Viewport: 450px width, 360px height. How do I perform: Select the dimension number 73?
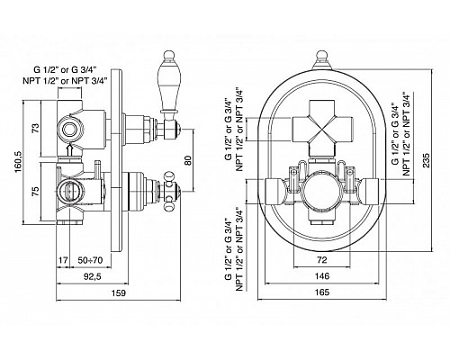coord(36,129)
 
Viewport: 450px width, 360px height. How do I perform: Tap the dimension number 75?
coord(36,192)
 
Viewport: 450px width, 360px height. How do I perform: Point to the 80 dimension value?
coord(188,160)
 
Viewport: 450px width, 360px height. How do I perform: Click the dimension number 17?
coord(63,260)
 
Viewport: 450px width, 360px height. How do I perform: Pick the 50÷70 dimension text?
coord(90,260)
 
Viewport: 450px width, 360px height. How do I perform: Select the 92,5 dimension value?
coord(93,276)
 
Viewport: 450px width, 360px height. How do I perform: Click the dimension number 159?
coord(119,292)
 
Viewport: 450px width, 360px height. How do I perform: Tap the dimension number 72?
coord(322,260)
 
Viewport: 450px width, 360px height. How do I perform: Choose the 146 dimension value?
coord(322,276)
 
